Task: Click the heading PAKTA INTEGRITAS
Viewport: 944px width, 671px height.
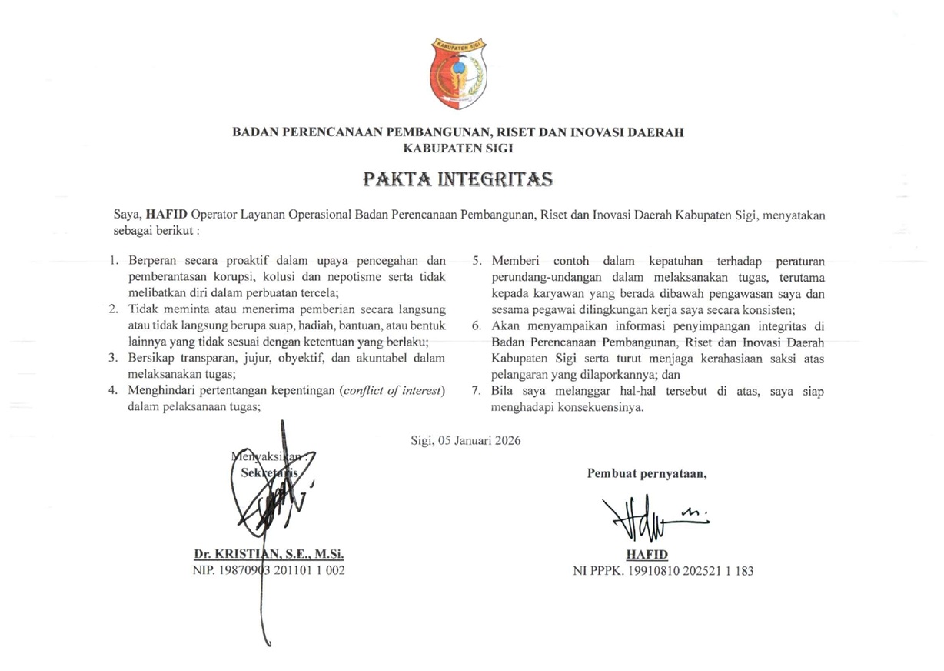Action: pyautogui.click(x=458, y=180)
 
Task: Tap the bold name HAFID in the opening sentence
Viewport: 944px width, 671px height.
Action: pyautogui.click(x=167, y=215)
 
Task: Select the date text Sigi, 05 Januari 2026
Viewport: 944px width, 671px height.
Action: pyautogui.click(x=466, y=441)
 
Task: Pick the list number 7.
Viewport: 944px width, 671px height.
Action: pyautogui.click(x=476, y=391)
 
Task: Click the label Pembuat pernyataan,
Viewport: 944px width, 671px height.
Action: pyautogui.click(x=647, y=472)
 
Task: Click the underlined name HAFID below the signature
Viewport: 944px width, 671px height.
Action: pyautogui.click(x=647, y=555)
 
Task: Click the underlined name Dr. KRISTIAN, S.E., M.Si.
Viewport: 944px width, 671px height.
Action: pyautogui.click(x=269, y=554)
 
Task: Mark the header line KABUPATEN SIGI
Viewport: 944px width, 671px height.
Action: pyautogui.click(x=458, y=149)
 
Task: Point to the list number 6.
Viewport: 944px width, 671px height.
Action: pyautogui.click(x=476, y=325)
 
